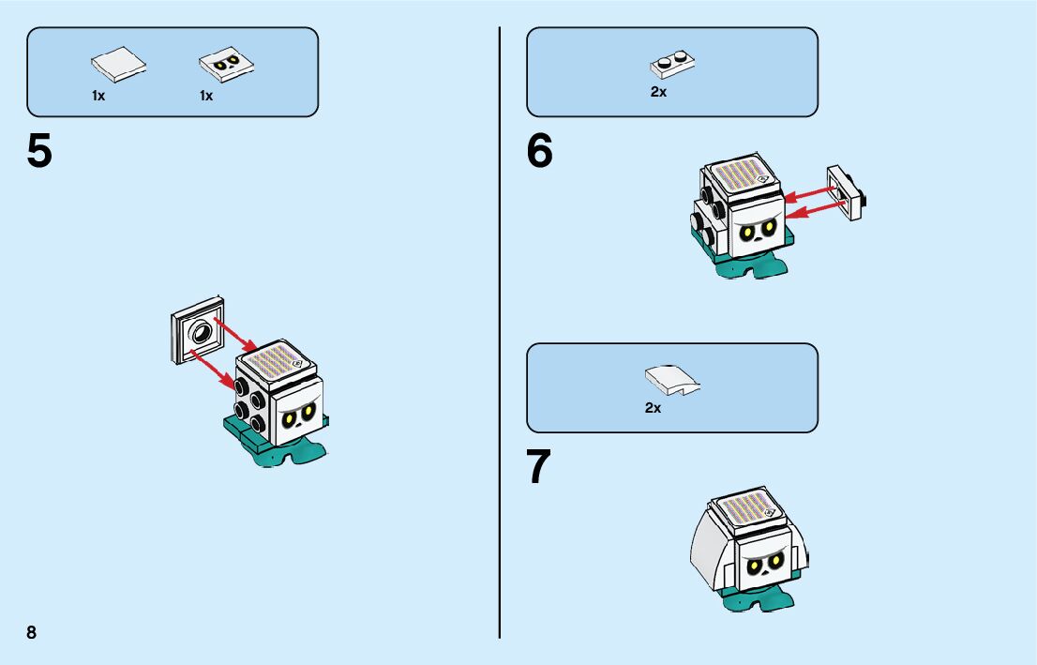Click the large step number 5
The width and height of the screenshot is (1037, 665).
[x=39, y=152]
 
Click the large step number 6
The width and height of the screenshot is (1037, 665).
[x=540, y=152]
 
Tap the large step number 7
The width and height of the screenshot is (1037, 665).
[x=539, y=468]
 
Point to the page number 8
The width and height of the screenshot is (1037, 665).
[x=32, y=632]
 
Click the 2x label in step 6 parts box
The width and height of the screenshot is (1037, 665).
[x=658, y=92]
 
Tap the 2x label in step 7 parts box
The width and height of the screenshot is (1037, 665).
[x=653, y=408]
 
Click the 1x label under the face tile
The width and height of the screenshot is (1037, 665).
[x=206, y=96]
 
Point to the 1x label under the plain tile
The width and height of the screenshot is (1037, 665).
[x=98, y=96]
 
